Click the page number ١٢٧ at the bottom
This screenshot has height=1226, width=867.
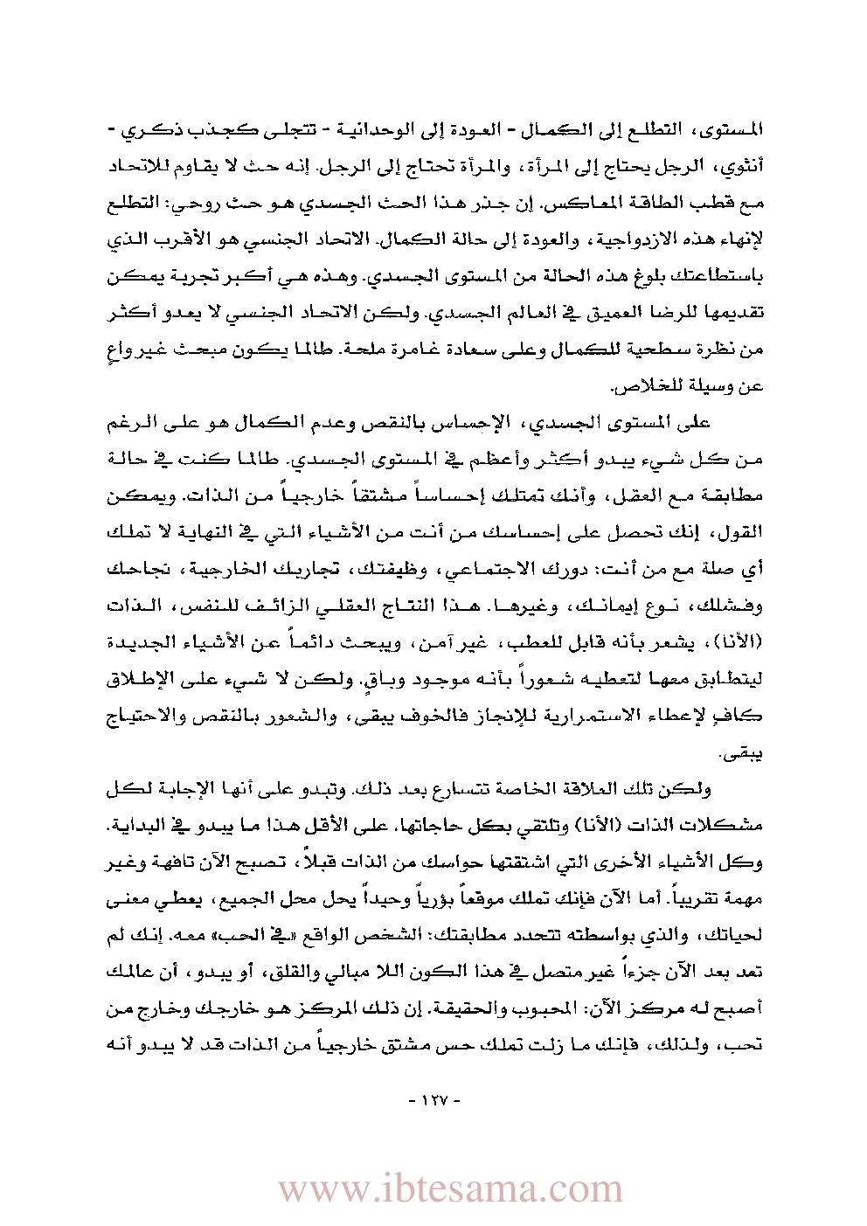[434, 1099]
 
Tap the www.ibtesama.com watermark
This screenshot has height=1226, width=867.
[450, 1188]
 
